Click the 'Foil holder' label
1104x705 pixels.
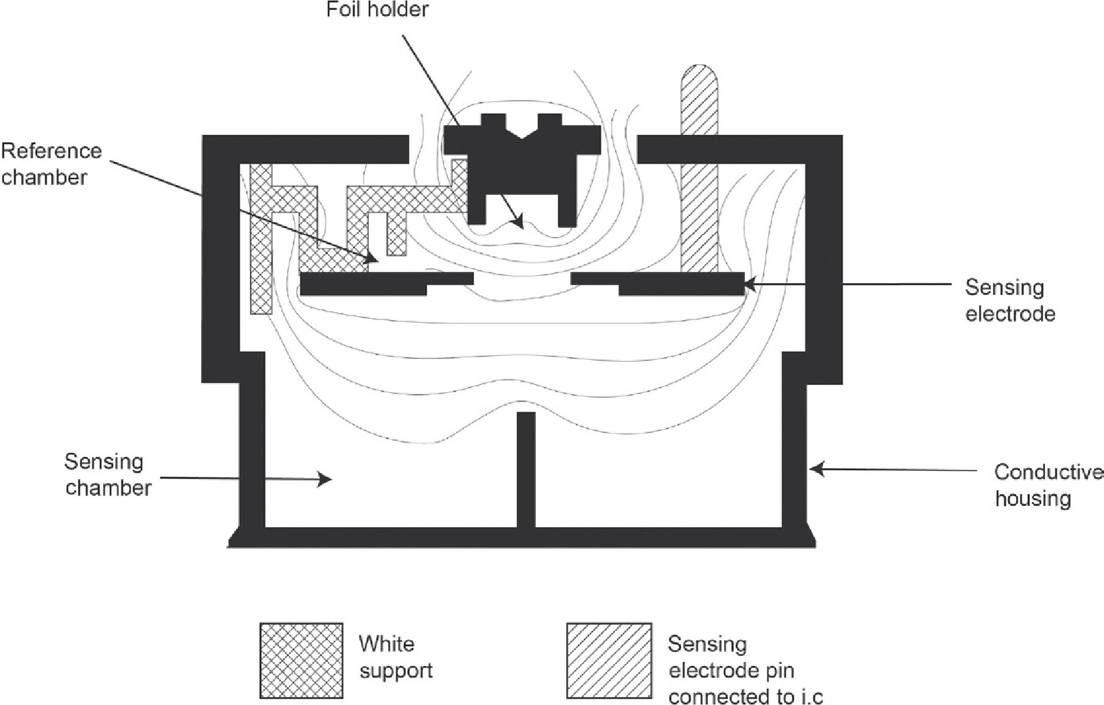tap(377, 10)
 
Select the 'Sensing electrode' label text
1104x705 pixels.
tap(1009, 300)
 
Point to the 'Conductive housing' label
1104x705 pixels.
tap(1047, 485)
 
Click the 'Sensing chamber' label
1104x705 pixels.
tap(107, 475)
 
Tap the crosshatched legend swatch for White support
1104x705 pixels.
tap(301, 660)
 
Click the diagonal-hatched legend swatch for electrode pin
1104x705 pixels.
tap(608, 660)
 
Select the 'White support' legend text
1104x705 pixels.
tap(395, 656)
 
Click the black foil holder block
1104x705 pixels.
tap(521, 169)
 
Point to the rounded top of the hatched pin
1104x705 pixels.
tap(699, 75)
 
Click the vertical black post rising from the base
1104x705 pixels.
tap(526, 467)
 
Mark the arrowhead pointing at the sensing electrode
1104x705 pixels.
tap(748, 284)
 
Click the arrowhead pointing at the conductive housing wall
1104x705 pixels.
tap(813, 468)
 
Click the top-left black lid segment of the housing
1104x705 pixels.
tap(305, 149)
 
